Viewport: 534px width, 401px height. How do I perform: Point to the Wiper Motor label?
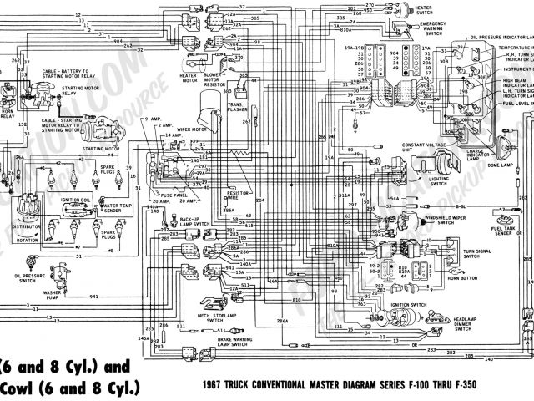point(191,130)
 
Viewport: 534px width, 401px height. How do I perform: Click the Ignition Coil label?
point(76,201)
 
